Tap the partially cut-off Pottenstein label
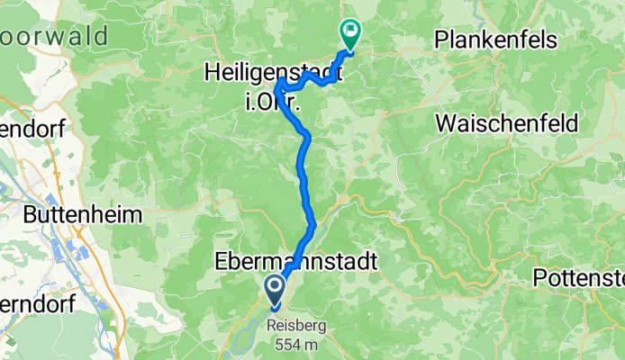click(578, 277)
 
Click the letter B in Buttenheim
click(29, 215)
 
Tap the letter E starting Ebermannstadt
click(220, 261)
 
